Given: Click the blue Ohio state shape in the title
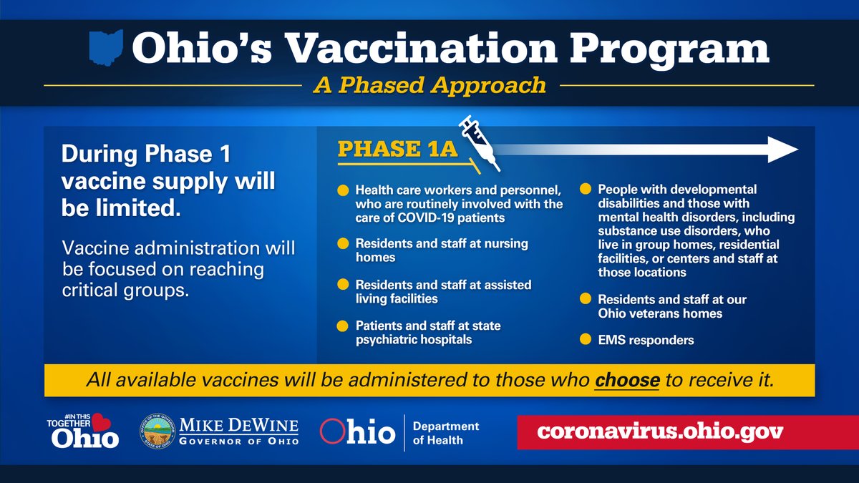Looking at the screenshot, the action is tap(106, 47).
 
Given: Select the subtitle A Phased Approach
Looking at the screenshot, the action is tap(430, 85).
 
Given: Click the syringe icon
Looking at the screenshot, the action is tap(480, 142).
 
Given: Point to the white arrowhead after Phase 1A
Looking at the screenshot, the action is tap(782, 150).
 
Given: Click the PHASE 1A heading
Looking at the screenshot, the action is tap(398, 149).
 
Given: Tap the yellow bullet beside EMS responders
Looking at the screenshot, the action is tap(586, 339).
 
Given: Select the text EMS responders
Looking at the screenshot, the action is tap(646, 340).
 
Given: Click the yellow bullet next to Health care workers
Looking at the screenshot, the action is tap(343, 190).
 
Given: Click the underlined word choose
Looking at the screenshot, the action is tap(627, 380).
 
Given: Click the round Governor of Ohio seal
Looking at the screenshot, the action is tap(157, 431).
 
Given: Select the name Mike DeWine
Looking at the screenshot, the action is tap(239, 426).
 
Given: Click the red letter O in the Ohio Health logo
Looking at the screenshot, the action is tap(332, 431).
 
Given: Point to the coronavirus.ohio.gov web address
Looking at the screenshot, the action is tap(660, 431).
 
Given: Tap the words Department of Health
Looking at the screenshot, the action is tap(445, 433).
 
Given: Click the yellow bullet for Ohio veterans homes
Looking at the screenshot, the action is tap(586, 298).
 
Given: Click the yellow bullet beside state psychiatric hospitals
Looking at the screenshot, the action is tap(342, 326).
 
